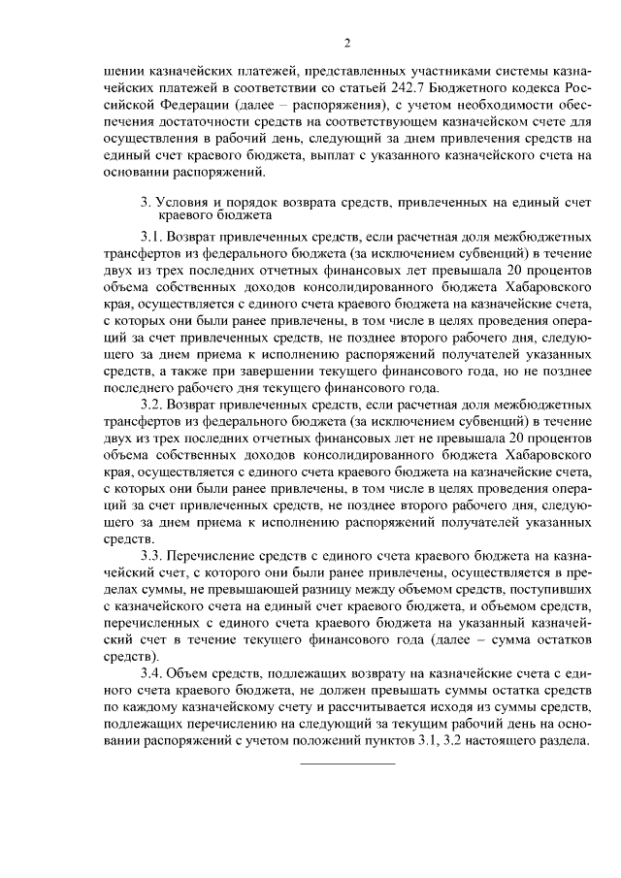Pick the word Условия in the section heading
pos(181,202)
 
